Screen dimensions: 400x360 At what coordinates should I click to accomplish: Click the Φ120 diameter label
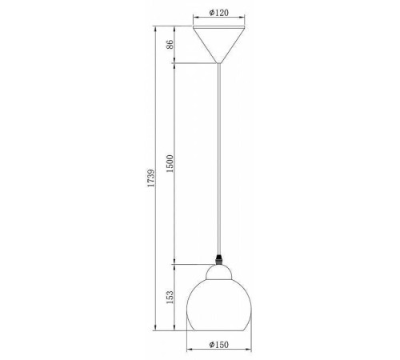click(x=218, y=13)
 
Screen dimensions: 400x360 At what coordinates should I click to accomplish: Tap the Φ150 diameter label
click(x=218, y=345)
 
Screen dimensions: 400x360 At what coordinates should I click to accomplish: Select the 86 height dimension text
click(x=170, y=44)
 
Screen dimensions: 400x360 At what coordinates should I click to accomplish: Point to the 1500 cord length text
click(x=170, y=163)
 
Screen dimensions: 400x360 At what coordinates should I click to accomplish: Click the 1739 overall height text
click(x=151, y=178)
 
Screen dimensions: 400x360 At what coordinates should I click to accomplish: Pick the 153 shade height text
click(x=170, y=297)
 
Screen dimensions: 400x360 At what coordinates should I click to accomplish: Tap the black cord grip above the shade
click(x=219, y=259)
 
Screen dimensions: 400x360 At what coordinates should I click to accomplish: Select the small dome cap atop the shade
click(x=219, y=272)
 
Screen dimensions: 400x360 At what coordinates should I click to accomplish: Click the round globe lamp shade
click(x=219, y=306)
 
